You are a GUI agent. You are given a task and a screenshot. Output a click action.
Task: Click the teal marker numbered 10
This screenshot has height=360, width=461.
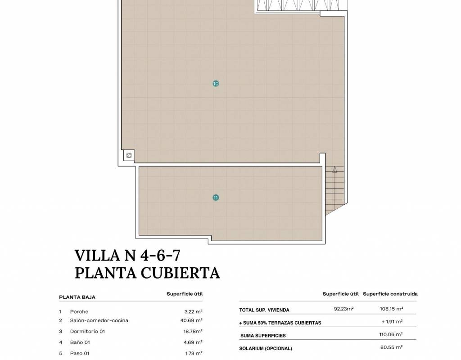216,84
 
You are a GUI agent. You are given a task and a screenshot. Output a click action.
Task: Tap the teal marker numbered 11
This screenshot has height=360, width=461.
216,198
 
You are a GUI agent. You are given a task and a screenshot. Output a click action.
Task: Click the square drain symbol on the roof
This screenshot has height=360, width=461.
129,155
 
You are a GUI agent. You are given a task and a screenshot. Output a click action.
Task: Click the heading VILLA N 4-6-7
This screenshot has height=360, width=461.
127,255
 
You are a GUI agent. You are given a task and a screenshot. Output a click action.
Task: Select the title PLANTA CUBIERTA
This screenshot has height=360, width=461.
147,273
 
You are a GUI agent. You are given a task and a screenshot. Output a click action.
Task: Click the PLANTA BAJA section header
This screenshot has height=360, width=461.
77,297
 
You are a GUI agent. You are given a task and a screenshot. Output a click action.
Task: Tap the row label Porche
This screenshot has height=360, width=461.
79,311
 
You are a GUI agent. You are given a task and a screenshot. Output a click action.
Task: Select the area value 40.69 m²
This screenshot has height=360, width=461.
191,320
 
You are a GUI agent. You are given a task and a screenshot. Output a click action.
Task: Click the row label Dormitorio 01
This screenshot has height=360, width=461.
87,331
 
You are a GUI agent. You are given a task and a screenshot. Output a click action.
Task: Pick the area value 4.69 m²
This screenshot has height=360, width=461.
193,342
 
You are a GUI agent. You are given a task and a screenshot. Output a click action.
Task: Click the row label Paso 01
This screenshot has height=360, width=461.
79,353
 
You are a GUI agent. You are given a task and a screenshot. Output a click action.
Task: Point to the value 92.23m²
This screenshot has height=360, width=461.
343,309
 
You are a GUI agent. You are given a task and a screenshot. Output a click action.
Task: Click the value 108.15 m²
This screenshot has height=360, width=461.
391,309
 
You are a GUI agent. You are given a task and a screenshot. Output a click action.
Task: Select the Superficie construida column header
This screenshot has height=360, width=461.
390,294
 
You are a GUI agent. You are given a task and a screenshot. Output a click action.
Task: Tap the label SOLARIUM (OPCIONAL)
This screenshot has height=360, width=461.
266,349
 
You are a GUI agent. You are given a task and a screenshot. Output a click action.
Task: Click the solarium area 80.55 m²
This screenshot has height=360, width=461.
391,347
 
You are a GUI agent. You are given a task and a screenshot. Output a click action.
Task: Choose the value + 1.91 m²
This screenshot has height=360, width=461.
392,322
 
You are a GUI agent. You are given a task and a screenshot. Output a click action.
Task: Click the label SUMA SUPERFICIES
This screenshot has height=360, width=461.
263,336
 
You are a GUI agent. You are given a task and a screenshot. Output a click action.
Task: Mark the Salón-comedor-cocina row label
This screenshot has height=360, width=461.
99,320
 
